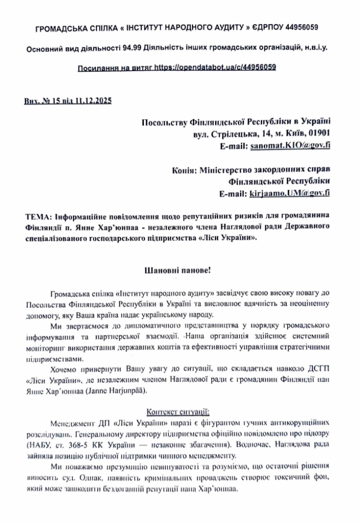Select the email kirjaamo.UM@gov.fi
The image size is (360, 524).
coord(290,193)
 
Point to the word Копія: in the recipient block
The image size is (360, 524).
coord(184,170)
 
